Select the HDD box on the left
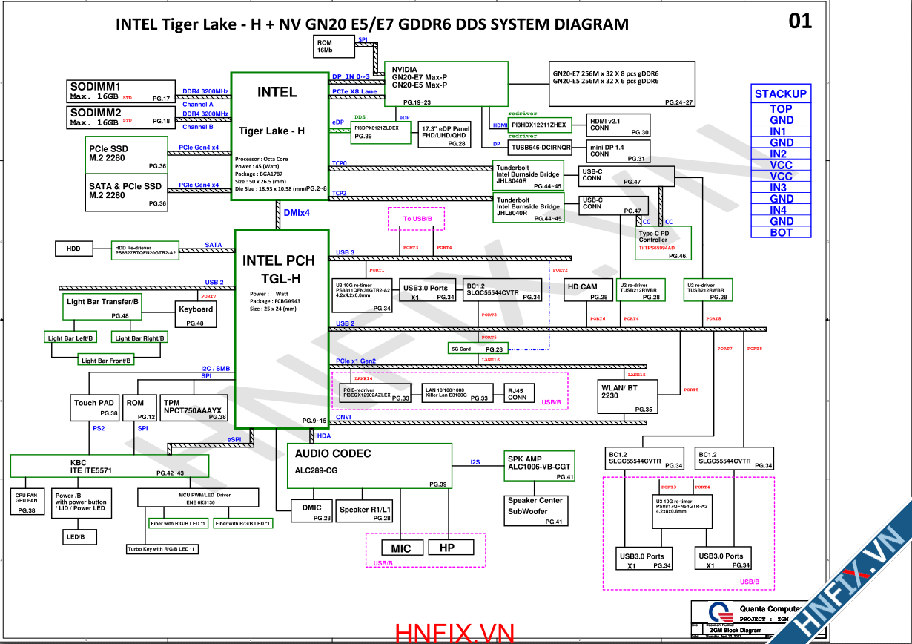pos(73,249)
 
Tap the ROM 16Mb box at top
pos(334,47)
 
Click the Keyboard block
pos(196,315)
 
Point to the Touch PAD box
pos(94,407)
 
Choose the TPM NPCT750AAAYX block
pos(194,407)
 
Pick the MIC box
pos(401,548)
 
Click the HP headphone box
pos(446,548)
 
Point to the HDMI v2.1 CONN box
pos(618,125)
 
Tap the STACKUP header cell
pos(780,93)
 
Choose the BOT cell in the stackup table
pos(780,232)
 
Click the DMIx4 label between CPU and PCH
pos(296,213)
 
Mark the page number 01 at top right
pos(800,21)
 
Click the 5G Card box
pos(477,348)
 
